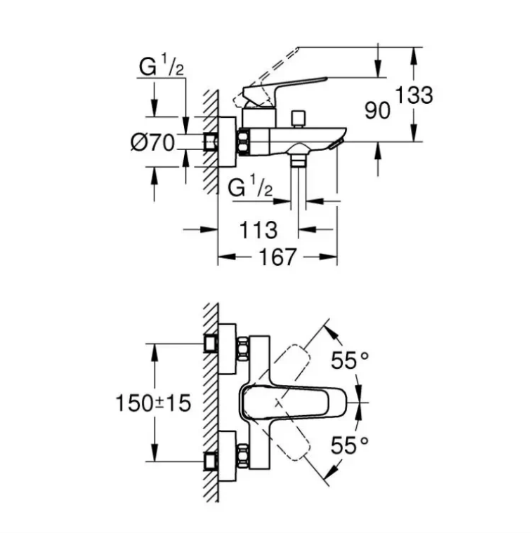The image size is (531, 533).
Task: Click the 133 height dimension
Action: tap(414, 95)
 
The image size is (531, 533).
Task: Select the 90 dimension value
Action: tap(377, 111)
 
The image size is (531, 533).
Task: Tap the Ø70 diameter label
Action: tap(152, 142)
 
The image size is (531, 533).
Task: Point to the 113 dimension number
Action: tap(258, 230)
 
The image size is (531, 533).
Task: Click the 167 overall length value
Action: tap(277, 257)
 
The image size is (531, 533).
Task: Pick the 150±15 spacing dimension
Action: tap(153, 403)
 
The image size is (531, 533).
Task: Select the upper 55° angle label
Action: tap(350, 360)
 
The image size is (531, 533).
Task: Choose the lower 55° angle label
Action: tap(350, 445)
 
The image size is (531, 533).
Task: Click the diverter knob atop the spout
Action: tap(299, 118)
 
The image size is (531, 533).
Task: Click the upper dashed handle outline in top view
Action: tap(292, 363)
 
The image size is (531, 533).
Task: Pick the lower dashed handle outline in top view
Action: tap(292, 442)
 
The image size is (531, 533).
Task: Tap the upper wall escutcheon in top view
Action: tap(227, 349)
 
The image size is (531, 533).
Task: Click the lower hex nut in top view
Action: tap(243, 456)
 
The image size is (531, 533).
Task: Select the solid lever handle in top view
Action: tap(293, 403)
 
